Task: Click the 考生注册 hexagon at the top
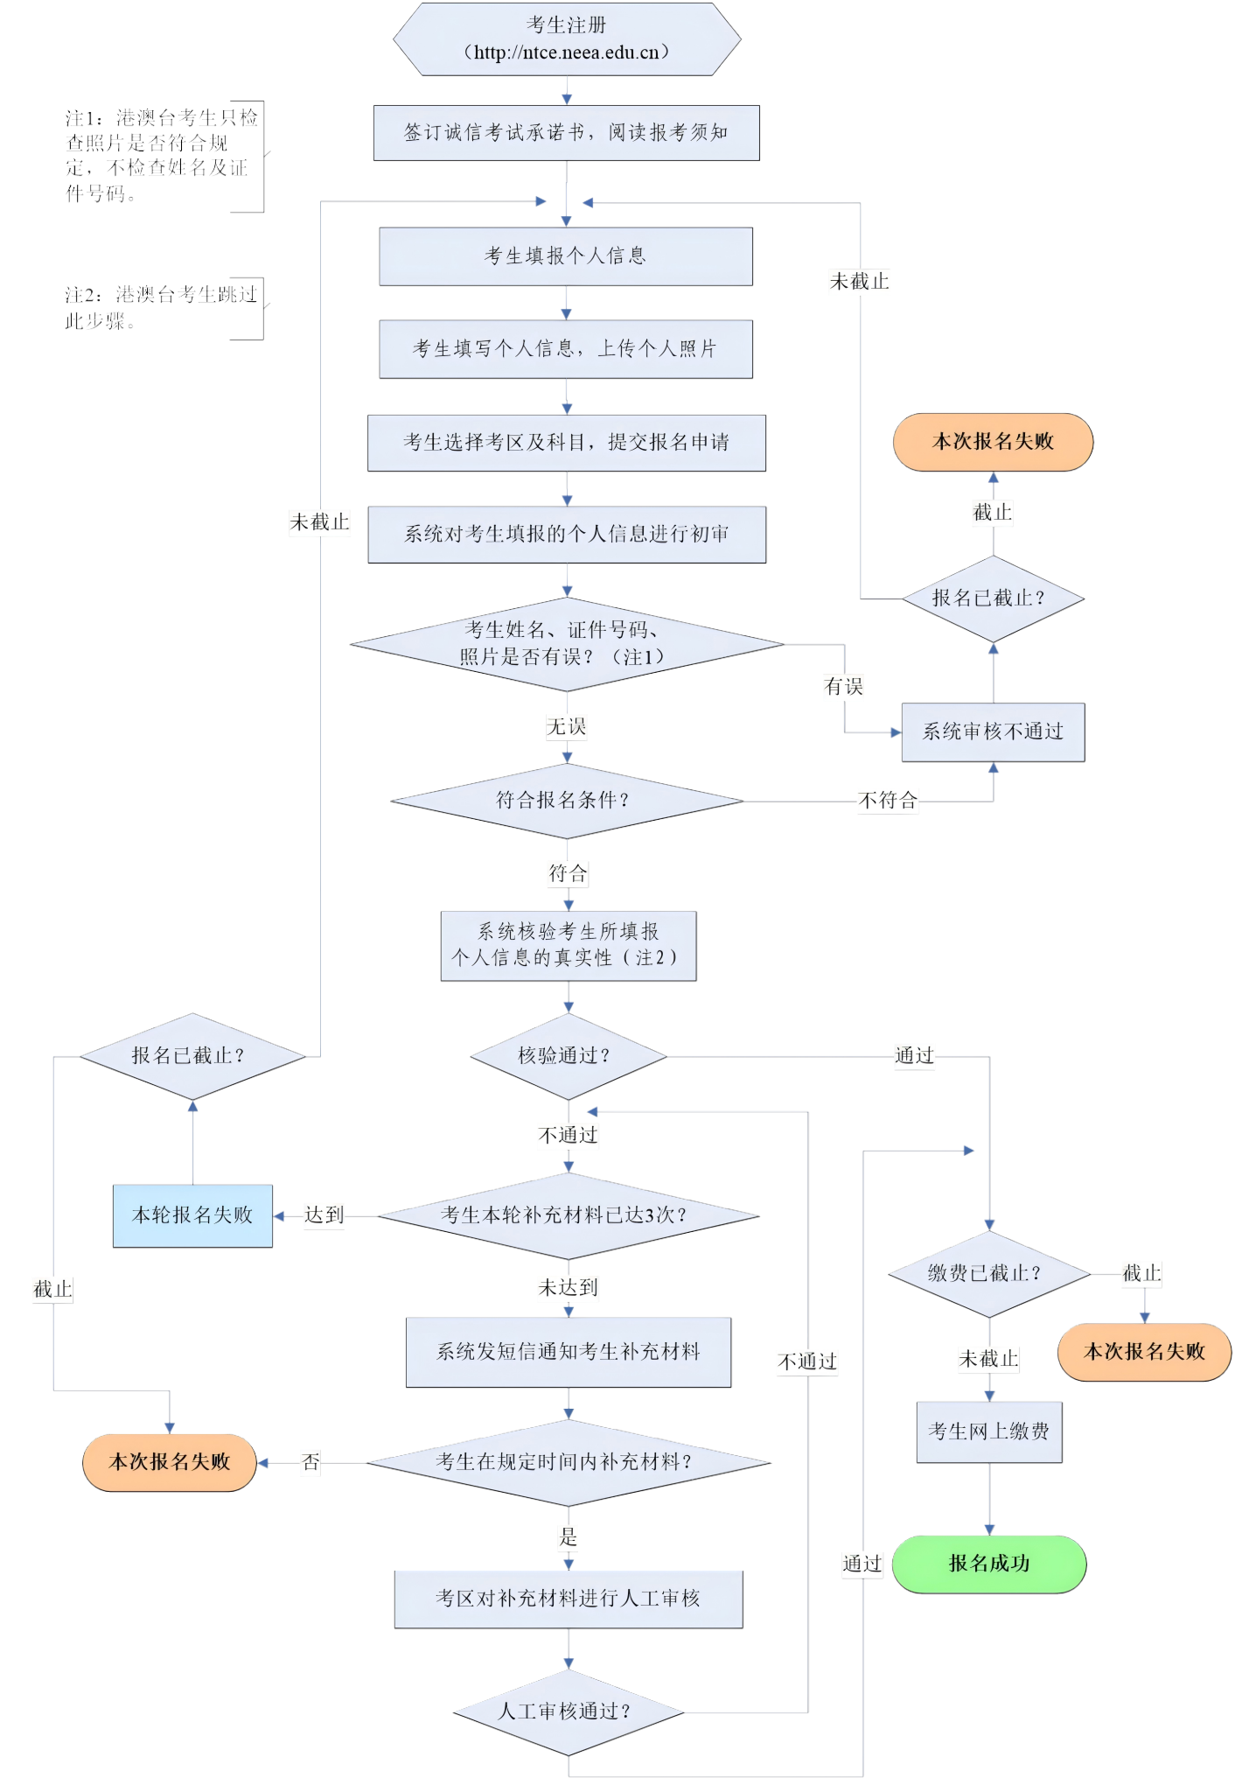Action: pos(567,39)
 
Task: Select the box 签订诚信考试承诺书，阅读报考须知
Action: pos(566,133)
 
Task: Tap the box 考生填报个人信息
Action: pos(565,256)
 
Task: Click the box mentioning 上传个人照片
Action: pos(565,349)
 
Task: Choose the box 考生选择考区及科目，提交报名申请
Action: pos(566,443)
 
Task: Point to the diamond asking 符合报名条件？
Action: pos(566,801)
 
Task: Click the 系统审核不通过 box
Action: pos(993,732)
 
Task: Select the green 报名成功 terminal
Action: pos(988,1564)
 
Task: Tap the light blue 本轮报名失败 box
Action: pos(192,1215)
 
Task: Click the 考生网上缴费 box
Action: pos(988,1431)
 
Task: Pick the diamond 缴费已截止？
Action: pos(988,1274)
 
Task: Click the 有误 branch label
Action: pos(844,687)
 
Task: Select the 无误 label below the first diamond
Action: pos(567,727)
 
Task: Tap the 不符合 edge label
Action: pos(888,801)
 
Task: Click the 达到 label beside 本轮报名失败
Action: pos(324,1215)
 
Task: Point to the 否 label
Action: pos(310,1462)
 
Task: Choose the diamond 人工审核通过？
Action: pos(568,1711)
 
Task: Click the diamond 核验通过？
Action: pos(568,1056)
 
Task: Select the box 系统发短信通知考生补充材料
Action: pos(568,1352)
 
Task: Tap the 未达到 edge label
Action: pos(568,1288)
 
